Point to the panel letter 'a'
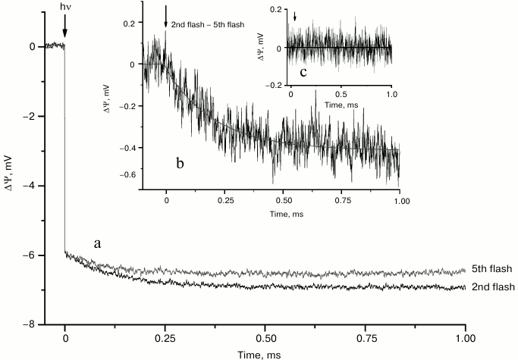tap(97, 243)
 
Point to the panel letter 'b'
tap(180, 161)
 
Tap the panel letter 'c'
tap(303, 73)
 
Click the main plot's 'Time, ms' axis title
tap(265, 353)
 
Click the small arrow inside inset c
tap(295, 17)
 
